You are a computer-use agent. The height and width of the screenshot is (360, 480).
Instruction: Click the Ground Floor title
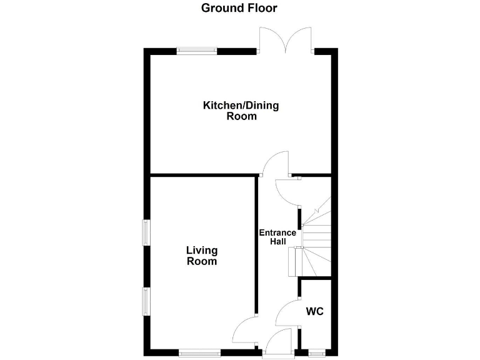(239, 8)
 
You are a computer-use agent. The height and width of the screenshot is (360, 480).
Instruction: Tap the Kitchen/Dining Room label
(241, 111)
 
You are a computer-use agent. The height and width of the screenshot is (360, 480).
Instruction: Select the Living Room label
(202, 256)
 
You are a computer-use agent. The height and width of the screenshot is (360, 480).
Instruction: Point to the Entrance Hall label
(277, 238)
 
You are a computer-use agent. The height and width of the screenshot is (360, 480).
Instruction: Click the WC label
(314, 311)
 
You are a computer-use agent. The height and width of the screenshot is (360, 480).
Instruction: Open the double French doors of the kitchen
(287, 39)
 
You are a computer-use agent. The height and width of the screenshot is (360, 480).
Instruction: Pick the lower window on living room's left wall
(146, 301)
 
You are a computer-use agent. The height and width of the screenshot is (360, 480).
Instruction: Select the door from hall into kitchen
(275, 164)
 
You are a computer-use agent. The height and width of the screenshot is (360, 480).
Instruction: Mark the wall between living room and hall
(256, 244)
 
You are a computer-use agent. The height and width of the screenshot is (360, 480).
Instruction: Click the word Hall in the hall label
(277, 242)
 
